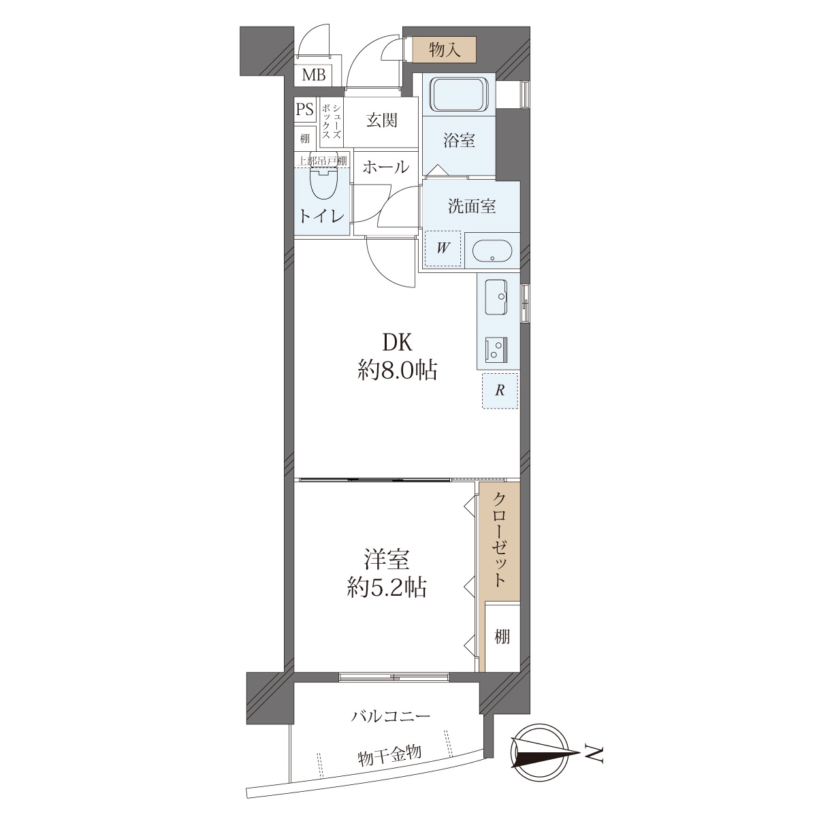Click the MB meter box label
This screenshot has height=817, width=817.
(x=314, y=76)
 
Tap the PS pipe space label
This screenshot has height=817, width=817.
(x=305, y=110)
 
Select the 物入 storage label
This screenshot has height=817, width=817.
(x=445, y=50)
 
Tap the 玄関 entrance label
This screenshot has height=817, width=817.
(x=381, y=121)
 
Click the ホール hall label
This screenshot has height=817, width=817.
(x=385, y=167)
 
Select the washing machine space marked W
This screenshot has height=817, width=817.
(x=443, y=249)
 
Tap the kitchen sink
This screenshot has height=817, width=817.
(x=496, y=297)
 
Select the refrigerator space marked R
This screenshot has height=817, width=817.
(x=500, y=391)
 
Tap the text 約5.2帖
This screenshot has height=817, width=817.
(x=387, y=588)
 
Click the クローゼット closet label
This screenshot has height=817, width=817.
(x=500, y=540)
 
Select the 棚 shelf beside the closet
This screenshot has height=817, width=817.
(x=502, y=637)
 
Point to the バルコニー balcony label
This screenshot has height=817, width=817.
(x=391, y=716)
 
